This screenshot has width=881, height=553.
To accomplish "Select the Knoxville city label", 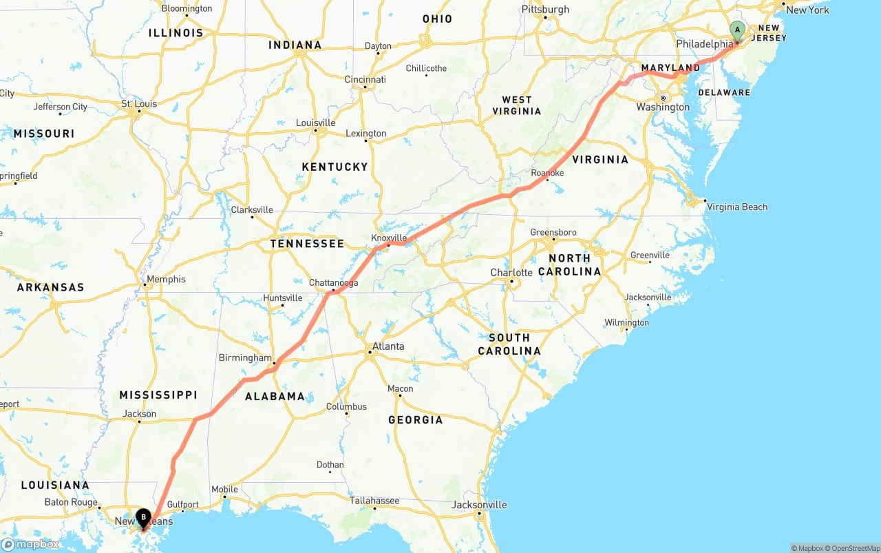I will click(x=389, y=238).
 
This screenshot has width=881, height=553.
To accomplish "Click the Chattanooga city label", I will click(x=333, y=283).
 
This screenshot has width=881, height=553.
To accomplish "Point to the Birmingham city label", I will click(x=245, y=358).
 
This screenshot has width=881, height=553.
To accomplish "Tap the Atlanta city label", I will click(x=388, y=346).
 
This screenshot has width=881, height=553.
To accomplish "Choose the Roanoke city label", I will click(x=547, y=173).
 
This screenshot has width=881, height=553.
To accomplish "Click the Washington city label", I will click(x=663, y=107).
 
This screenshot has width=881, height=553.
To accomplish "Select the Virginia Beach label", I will click(x=736, y=207).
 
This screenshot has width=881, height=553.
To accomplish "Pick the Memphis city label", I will click(x=166, y=280).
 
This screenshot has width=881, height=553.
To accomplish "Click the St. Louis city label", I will click(x=139, y=104).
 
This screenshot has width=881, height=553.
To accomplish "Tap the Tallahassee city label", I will click(x=374, y=501).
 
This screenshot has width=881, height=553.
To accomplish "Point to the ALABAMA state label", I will click(x=275, y=397).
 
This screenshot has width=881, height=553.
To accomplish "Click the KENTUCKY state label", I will click(x=335, y=167).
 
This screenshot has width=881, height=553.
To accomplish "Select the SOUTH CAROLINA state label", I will click(x=509, y=344).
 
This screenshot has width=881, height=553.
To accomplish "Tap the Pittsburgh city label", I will click(x=546, y=10).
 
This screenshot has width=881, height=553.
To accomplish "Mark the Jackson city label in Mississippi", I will click(x=140, y=414).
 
